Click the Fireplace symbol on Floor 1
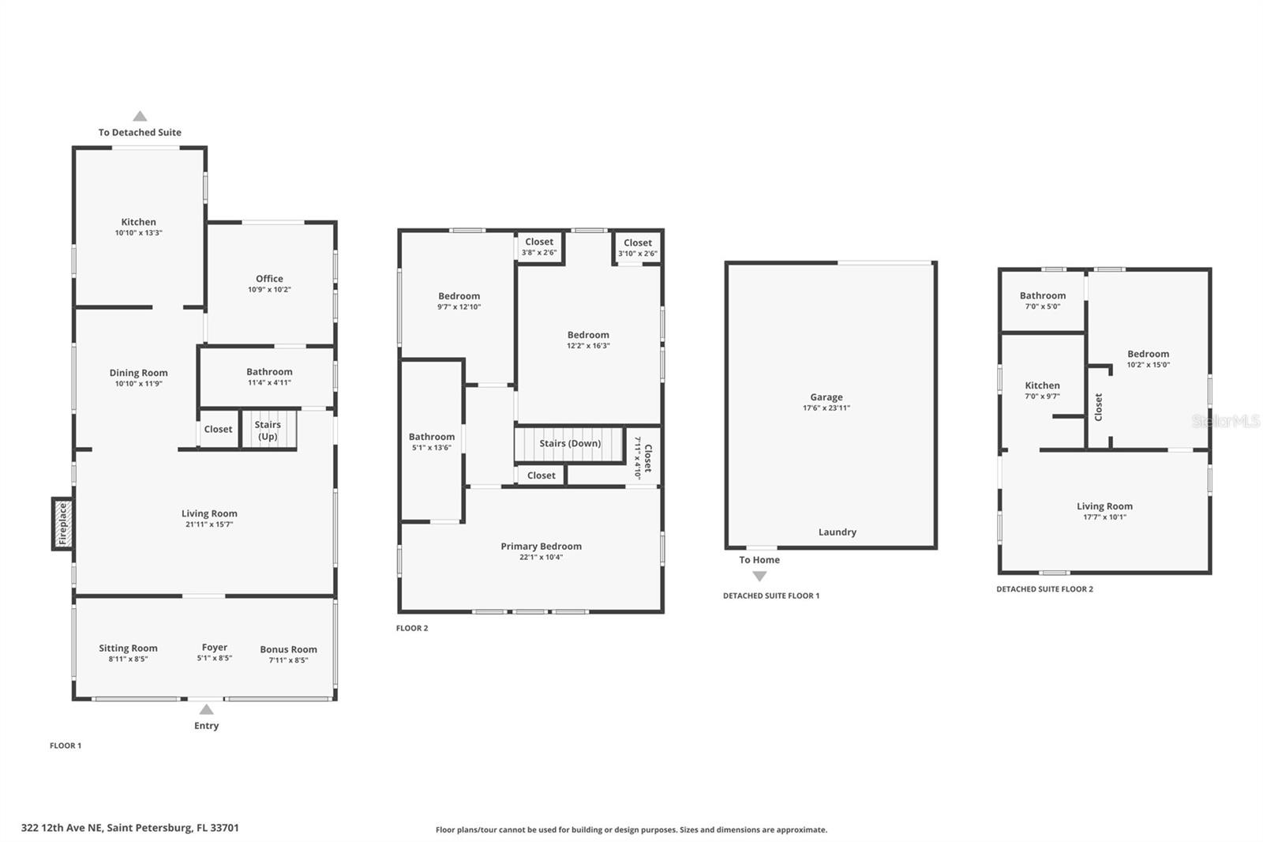point(63,524)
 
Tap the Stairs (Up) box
point(268,430)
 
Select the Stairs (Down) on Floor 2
point(569,444)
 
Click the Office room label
point(269,279)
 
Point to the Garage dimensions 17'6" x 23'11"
point(826,408)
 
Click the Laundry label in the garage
point(837,532)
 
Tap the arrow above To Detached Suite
point(140,116)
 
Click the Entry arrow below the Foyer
point(206,709)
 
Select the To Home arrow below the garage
point(759,577)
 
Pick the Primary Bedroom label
point(541,547)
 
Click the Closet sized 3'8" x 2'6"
point(539,246)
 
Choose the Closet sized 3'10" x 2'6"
point(638,247)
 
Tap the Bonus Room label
point(288,649)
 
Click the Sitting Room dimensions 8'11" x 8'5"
point(128,659)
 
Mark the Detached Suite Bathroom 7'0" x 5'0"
point(1042,300)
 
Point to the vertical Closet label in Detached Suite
point(1098,407)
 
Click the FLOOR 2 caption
point(412,628)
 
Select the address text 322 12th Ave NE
point(129,828)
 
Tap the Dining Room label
point(138,373)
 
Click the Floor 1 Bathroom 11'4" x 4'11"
point(269,377)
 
